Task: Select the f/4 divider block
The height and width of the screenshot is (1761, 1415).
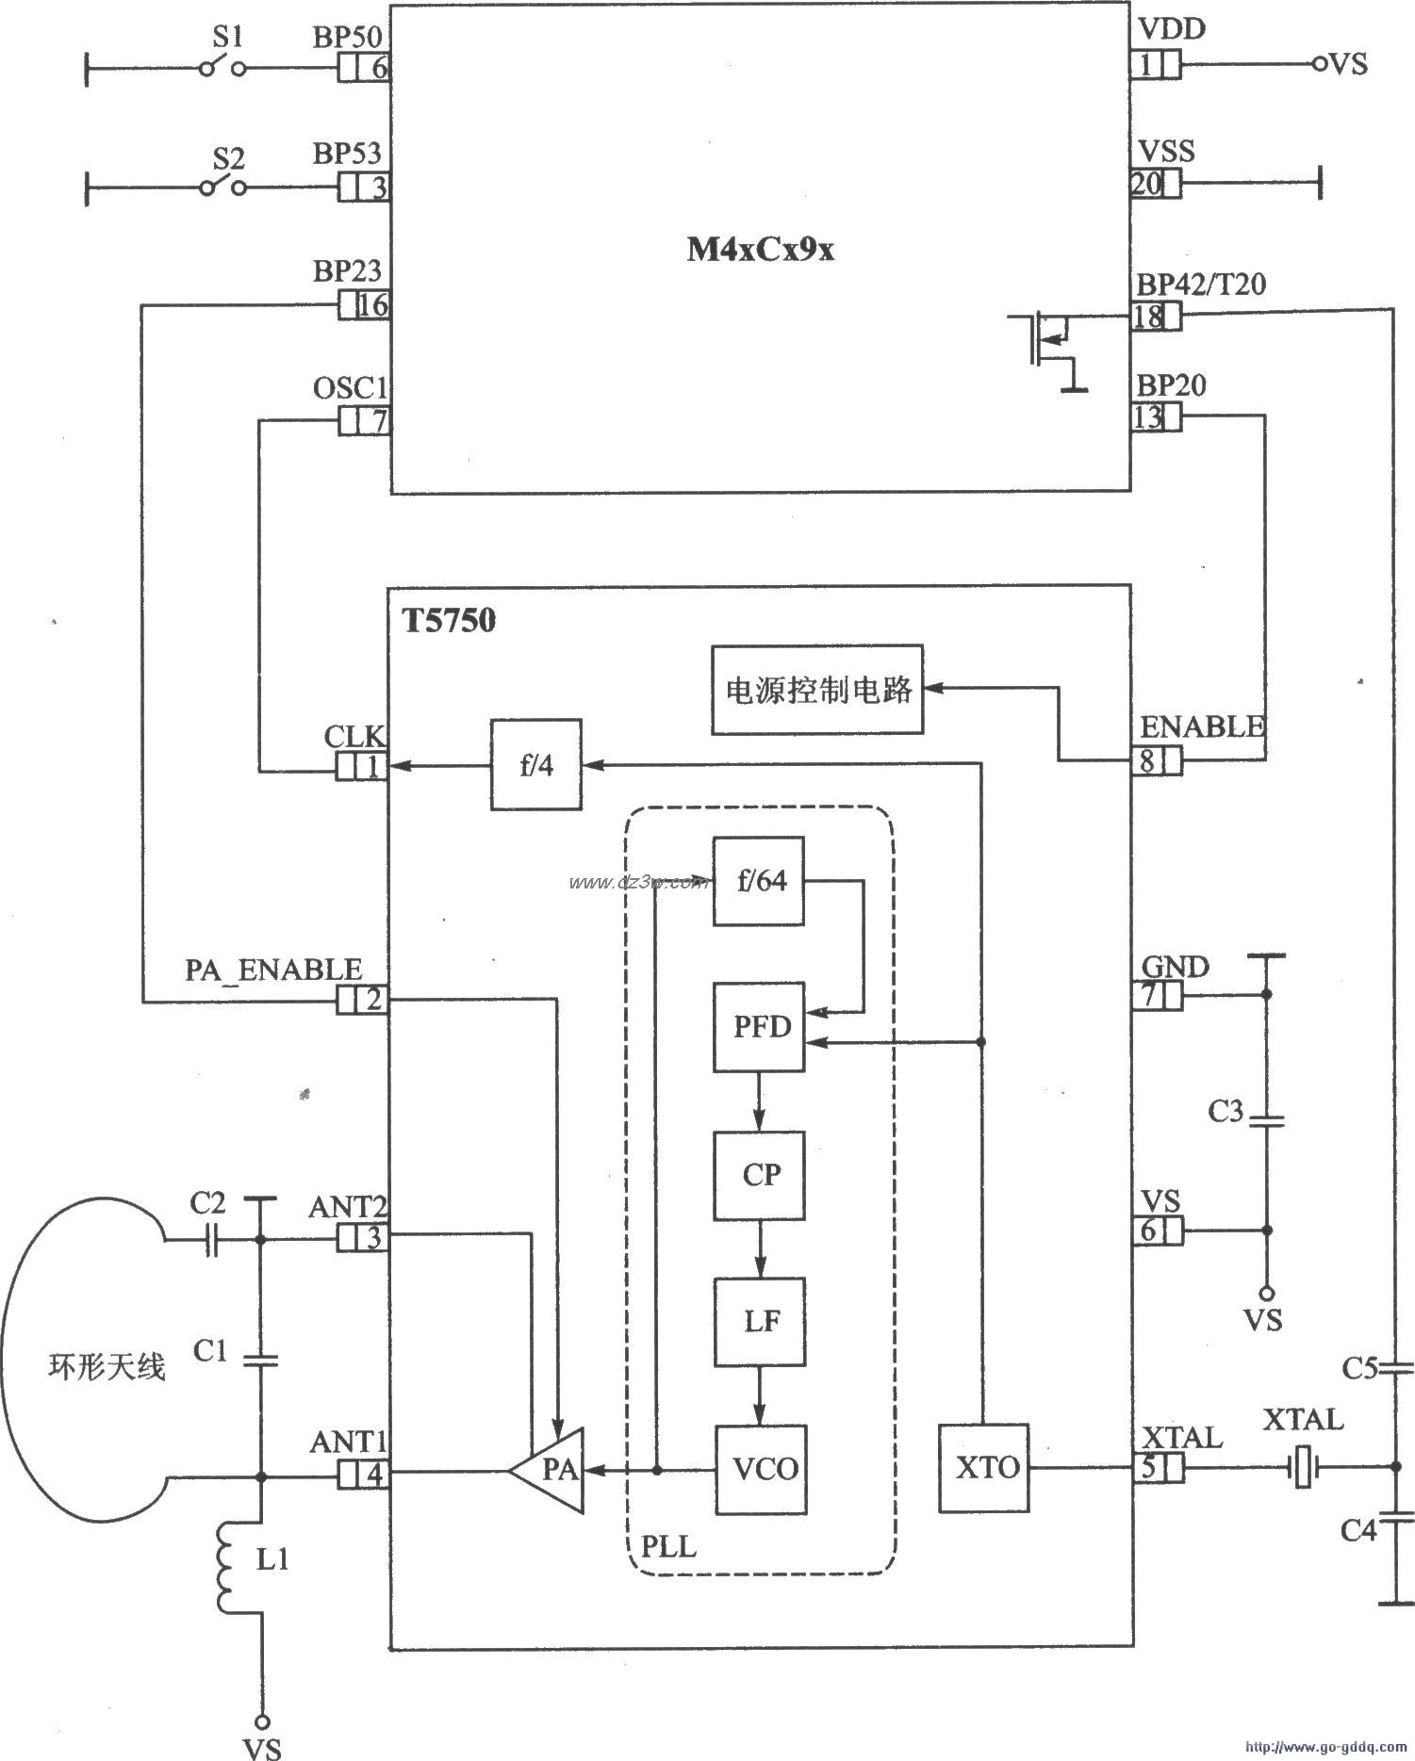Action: tap(536, 764)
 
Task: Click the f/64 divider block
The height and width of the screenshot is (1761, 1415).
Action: tap(760, 881)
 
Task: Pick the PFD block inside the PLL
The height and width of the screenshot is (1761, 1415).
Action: tap(760, 1026)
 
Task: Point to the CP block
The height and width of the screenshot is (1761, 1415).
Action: tap(760, 1175)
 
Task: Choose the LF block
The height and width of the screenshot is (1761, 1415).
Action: tap(760, 1321)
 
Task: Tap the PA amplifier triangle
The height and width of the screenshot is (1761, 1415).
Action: tap(551, 1470)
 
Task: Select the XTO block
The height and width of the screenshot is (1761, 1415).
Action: tap(984, 1468)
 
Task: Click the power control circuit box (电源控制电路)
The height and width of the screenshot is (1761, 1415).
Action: tap(817, 690)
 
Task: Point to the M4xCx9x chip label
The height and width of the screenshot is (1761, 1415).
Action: tap(760, 251)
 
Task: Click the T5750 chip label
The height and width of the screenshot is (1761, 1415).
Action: tap(450, 621)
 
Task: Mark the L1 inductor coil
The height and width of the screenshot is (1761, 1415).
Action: tap(227, 1565)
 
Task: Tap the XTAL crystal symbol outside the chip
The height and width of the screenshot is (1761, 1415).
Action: tap(1302, 1466)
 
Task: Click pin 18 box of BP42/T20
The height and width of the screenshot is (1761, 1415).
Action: tap(1156, 317)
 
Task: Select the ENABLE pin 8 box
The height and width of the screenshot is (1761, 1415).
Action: tap(1156, 760)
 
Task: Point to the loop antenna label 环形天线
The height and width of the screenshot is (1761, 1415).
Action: tap(106, 1366)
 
